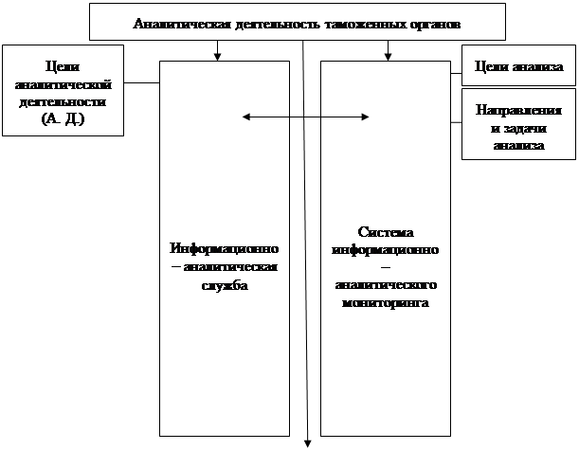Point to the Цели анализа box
pos(518,66)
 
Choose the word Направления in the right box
pos(518,111)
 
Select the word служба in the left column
pos(224,285)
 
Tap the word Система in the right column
pos(384,232)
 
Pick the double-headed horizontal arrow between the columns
pos(305,117)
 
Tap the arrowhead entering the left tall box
pos(218,56)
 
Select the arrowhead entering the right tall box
pos(388,56)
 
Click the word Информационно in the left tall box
pos(224,248)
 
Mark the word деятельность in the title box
pos(262,22)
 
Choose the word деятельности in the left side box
pos(63,102)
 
